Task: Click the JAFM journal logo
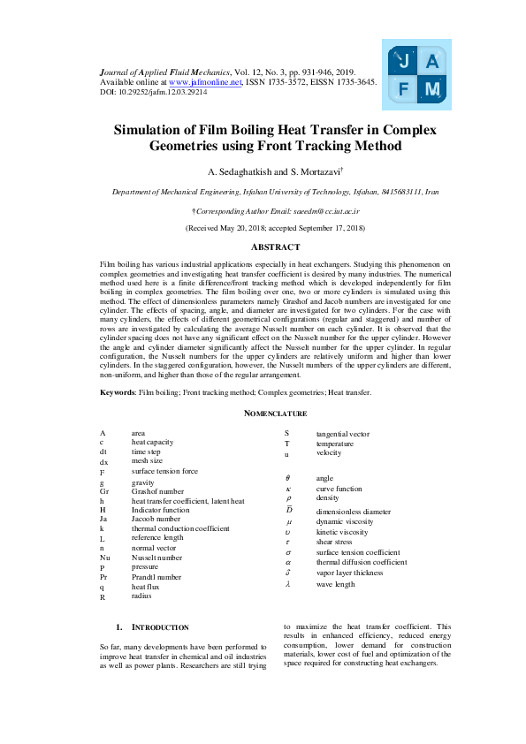(416, 74)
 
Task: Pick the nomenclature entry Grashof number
(158, 490)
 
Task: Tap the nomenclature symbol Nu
(105, 558)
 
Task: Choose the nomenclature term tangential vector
(343, 434)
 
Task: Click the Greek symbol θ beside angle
(288, 478)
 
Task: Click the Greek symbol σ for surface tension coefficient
(288, 551)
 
